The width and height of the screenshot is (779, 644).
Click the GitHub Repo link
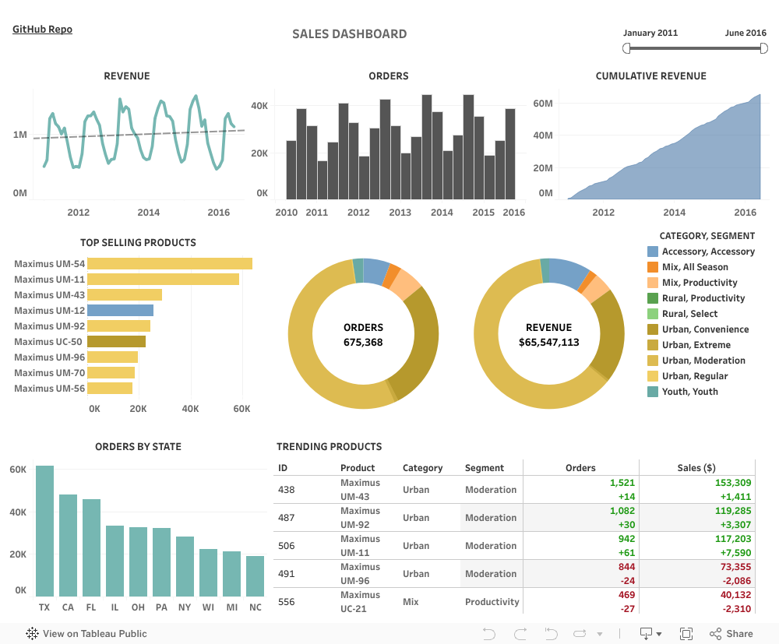pos(42,30)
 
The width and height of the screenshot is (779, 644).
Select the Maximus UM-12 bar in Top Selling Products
pos(120,311)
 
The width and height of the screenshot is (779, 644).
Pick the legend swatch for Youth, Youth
pos(653,392)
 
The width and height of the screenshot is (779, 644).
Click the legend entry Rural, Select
pos(689,314)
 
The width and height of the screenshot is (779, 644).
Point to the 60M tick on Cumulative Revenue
pos(543,104)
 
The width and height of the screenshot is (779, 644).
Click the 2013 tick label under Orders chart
pos(400,213)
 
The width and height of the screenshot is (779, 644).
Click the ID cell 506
pos(286,546)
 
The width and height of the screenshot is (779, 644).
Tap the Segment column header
pos(485,468)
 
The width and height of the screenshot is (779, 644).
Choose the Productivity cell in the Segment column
pos(492,602)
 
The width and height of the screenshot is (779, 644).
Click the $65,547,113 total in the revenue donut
pos(548,342)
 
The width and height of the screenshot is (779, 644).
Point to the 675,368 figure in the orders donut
pos(363,342)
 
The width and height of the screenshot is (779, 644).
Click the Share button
pos(731,634)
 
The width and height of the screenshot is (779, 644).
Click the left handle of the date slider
pos(627,48)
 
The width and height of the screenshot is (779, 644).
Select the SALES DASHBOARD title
pos(349,34)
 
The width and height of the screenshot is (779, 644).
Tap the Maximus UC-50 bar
pos(116,342)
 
